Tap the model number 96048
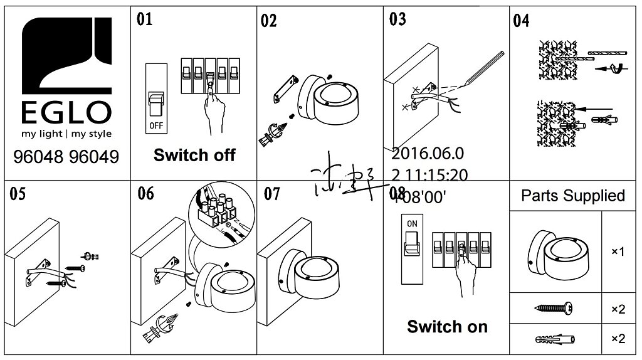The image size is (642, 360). [40, 157]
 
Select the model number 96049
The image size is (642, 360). [94, 157]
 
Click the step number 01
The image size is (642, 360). [145, 19]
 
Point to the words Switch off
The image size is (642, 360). [194, 155]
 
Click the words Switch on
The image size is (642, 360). [447, 326]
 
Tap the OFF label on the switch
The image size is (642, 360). [155, 125]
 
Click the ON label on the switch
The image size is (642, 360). [412, 223]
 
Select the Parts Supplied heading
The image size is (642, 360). [573, 196]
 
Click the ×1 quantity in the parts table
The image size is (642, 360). [618, 251]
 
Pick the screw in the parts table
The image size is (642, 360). [555, 308]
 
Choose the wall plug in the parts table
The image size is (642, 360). [554, 339]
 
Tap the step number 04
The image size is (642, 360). [521, 21]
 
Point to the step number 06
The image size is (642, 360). [145, 193]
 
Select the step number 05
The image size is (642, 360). [18, 194]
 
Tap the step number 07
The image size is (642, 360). [272, 194]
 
